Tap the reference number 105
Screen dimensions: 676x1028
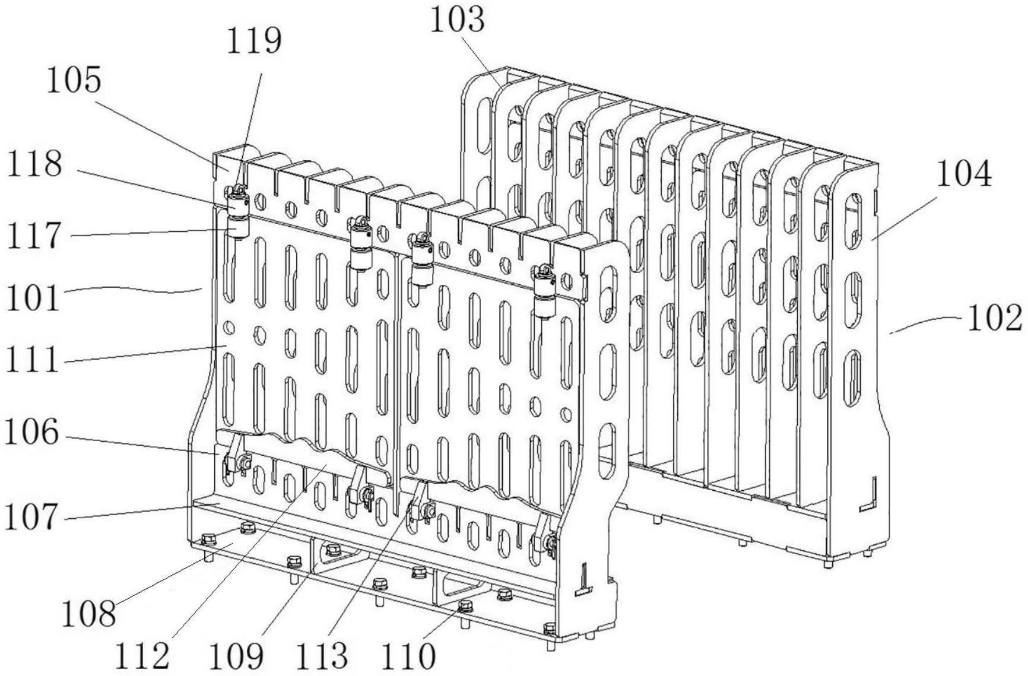[74, 80]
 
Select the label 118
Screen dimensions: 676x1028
[34, 163]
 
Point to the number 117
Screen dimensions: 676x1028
[34, 236]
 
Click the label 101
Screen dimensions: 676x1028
[33, 297]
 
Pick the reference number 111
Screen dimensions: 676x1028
[33, 360]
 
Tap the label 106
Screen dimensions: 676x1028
[33, 433]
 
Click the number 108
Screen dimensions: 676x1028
[89, 614]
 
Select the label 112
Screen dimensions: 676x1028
[142, 655]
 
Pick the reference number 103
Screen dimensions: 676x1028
[457, 20]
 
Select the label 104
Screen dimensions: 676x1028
[964, 174]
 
